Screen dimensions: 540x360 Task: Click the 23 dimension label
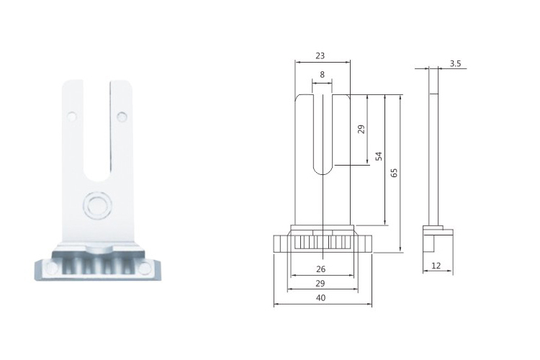[x=320, y=56]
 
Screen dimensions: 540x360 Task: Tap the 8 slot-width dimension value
[x=323, y=75]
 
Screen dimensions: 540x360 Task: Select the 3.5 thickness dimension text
[x=455, y=64]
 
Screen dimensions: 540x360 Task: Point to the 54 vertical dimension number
[x=379, y=156]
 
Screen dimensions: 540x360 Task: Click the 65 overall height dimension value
[x=395, y=173]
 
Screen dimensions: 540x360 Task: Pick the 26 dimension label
[x=320, y=269]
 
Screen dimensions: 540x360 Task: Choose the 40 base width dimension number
[x=320, y=298]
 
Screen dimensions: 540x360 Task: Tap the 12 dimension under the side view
[x=436, y=266]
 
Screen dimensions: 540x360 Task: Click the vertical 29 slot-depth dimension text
[x=361, y=129]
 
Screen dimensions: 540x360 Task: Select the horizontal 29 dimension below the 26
[x=320, y=284]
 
